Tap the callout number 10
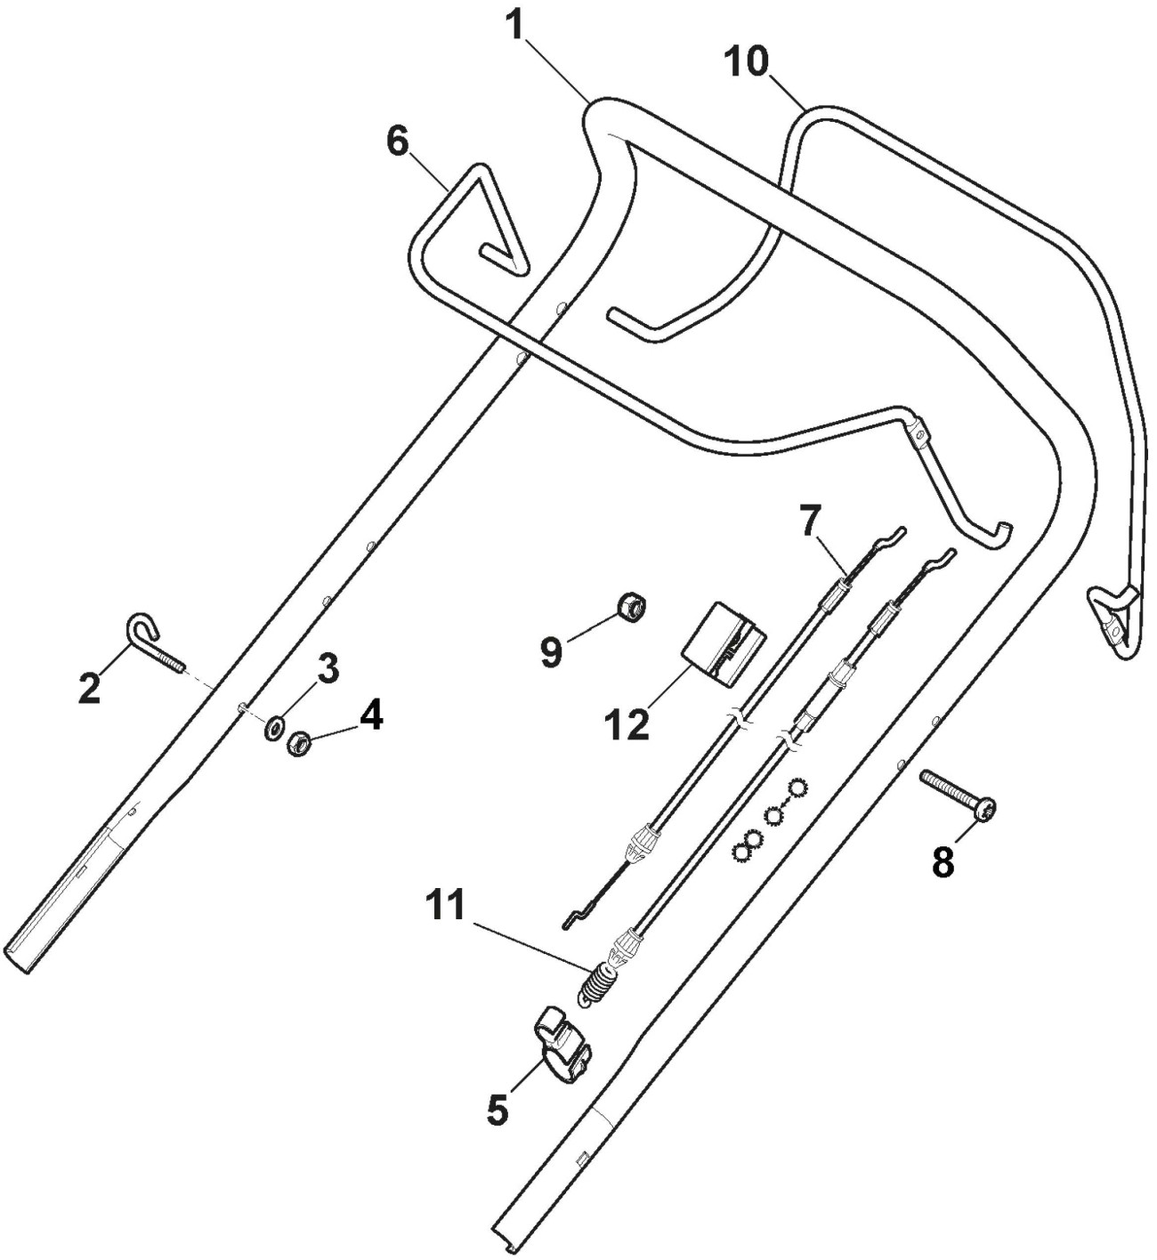point(745,61)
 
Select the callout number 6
point(398,141)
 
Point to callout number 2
point(89,689)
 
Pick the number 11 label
point(444,906)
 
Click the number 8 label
point(943,860)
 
